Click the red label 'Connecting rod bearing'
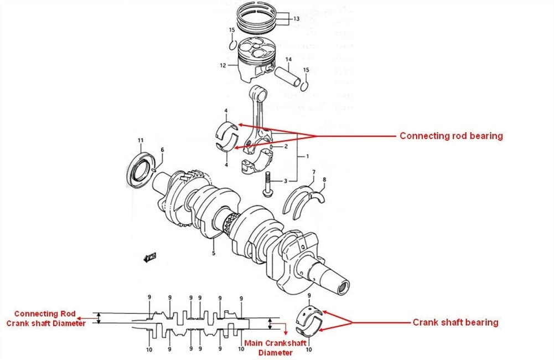[451, 136]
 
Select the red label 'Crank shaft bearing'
[455, 322]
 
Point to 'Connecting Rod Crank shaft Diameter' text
[45, 318]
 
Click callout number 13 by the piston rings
[297, 19]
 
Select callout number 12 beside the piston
[222, 65]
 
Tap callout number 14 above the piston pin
[288, 59]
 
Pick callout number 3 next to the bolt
[286, 181]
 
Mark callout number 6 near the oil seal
[162, 150]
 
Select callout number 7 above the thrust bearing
[314, 172]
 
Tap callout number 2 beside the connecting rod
[287, 147]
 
